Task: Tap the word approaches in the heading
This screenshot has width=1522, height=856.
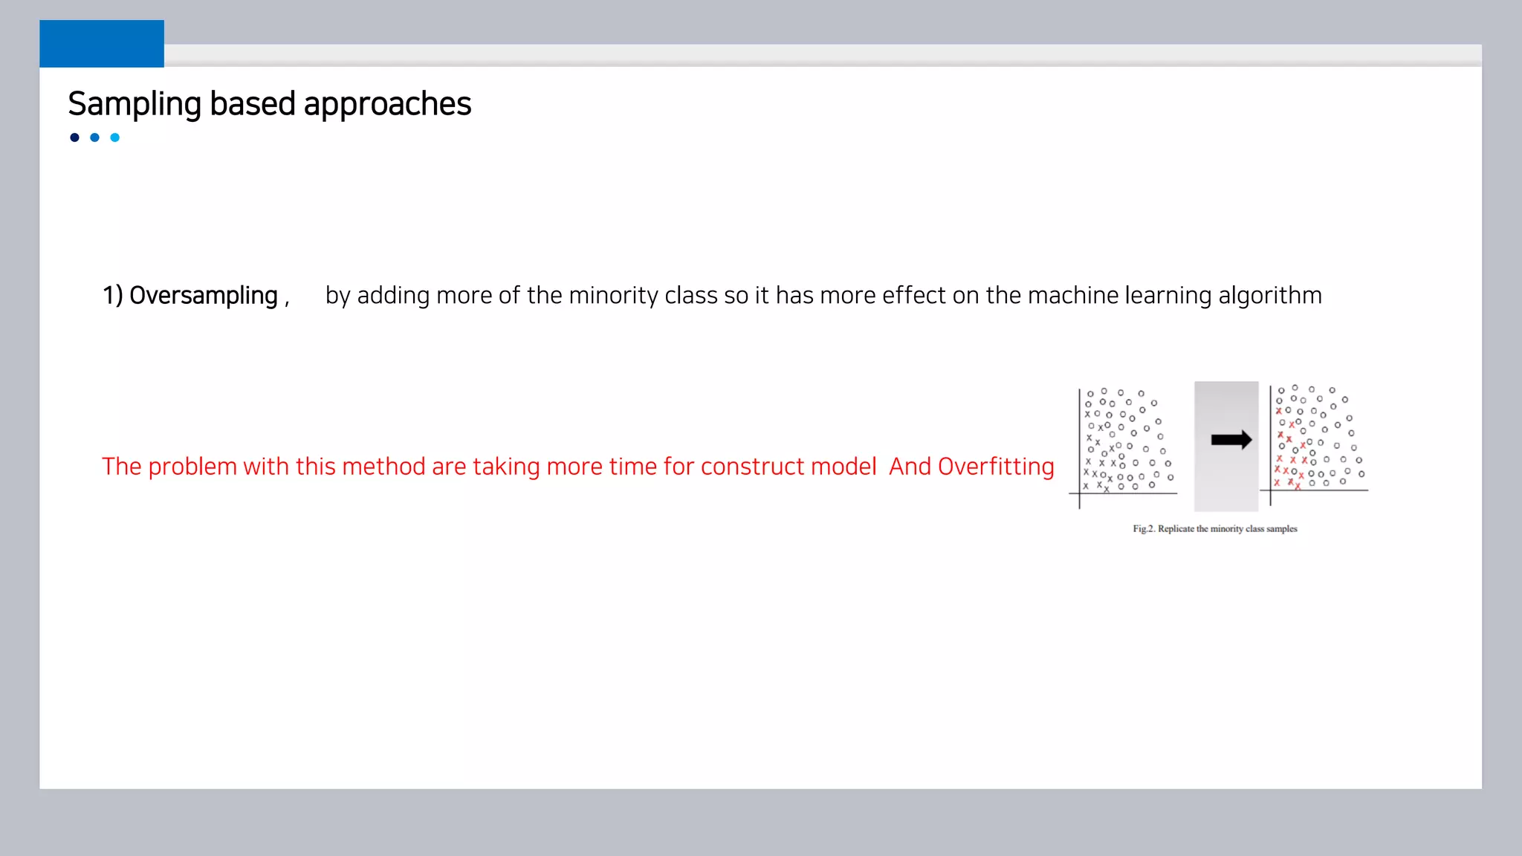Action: tap(387, 104)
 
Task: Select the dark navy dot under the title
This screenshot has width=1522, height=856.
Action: tap(74, 137)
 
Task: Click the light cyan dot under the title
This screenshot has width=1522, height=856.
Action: tap(115, 137)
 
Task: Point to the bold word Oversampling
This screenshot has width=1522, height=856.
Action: tap(203, 296)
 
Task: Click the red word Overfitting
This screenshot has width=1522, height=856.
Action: tap(996, 467)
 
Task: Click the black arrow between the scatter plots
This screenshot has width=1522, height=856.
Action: tap(1231, 440)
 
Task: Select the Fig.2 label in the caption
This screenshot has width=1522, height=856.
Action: tap(1144, 529)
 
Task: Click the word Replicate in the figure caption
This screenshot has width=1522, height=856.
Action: tap(1176, 529)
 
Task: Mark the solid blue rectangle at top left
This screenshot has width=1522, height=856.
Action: tap(102, 44)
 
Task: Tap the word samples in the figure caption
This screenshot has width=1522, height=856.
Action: tap(1282, 529)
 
